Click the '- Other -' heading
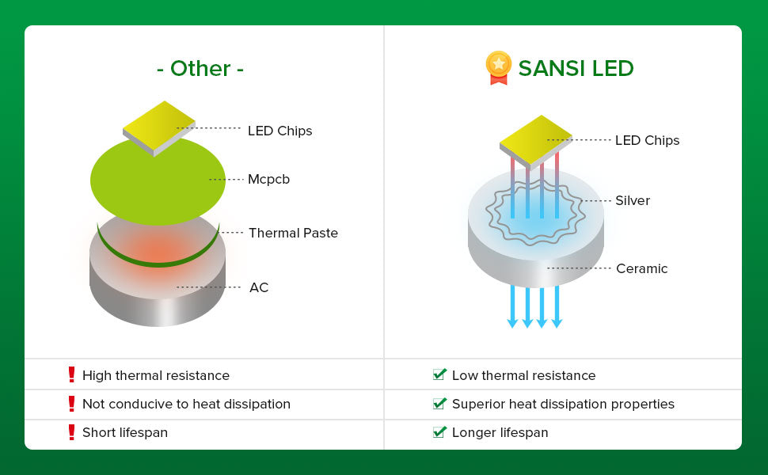(x=200, y=69)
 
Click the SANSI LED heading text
(x=576, y=69)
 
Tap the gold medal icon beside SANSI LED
(x=498, y=67)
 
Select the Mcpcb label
(x=268, y=180)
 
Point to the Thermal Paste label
(x=293, y=233)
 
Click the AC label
(x=259, y=287)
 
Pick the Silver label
(x=632, y=201)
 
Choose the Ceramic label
(x=641, y=269)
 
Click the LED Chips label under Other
(x=279, y=131)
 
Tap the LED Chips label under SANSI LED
(x=647, y=141)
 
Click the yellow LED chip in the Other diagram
(x=158, y=124)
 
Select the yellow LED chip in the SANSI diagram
(x=535, y=139)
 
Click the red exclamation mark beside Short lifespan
(x=71, y=432)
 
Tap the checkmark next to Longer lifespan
(x=439, y=432)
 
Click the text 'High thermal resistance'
(x=156, y=375)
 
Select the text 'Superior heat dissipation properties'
(x=563, y=404)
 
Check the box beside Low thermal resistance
(x=439, y=374)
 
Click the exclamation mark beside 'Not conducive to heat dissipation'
(x=71, y=404)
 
